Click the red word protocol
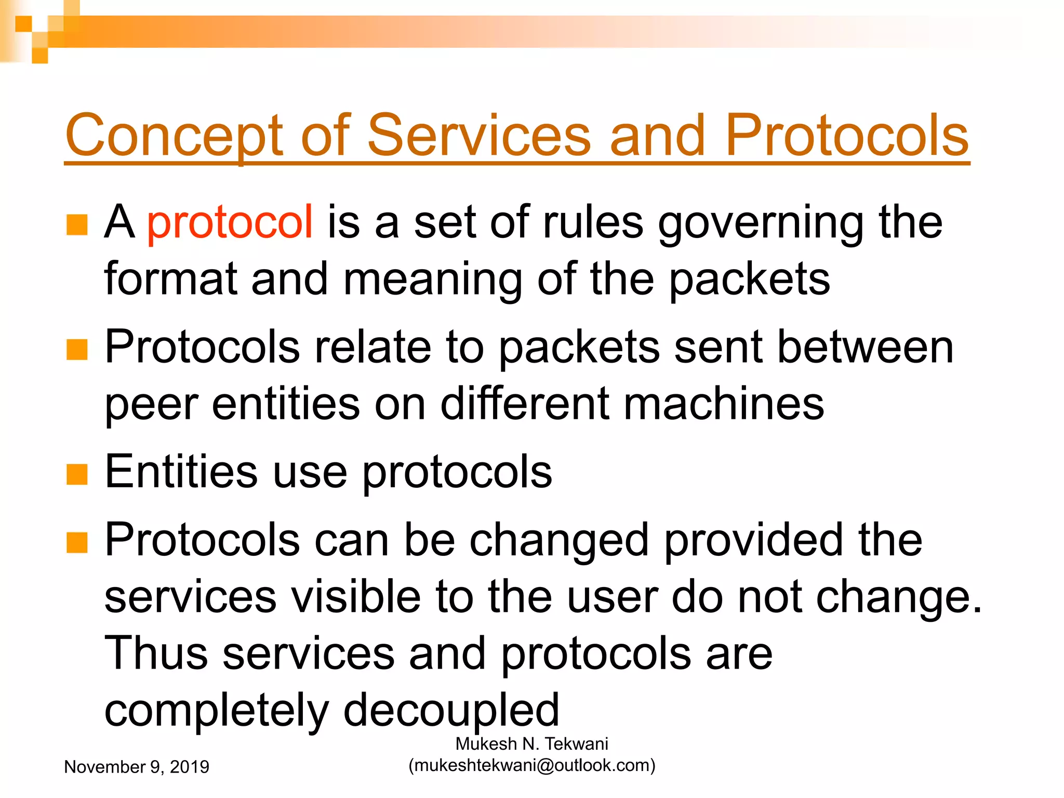[x=230, y=222]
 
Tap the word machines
[x=723, y=404]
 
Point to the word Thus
[x=156, y=653]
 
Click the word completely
[x=216, y=710]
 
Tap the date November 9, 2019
[x=136, y=767]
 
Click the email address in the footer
[x=531, y=765]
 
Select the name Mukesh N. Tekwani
[x=531, y=744]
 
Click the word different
[x=525, y=404]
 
